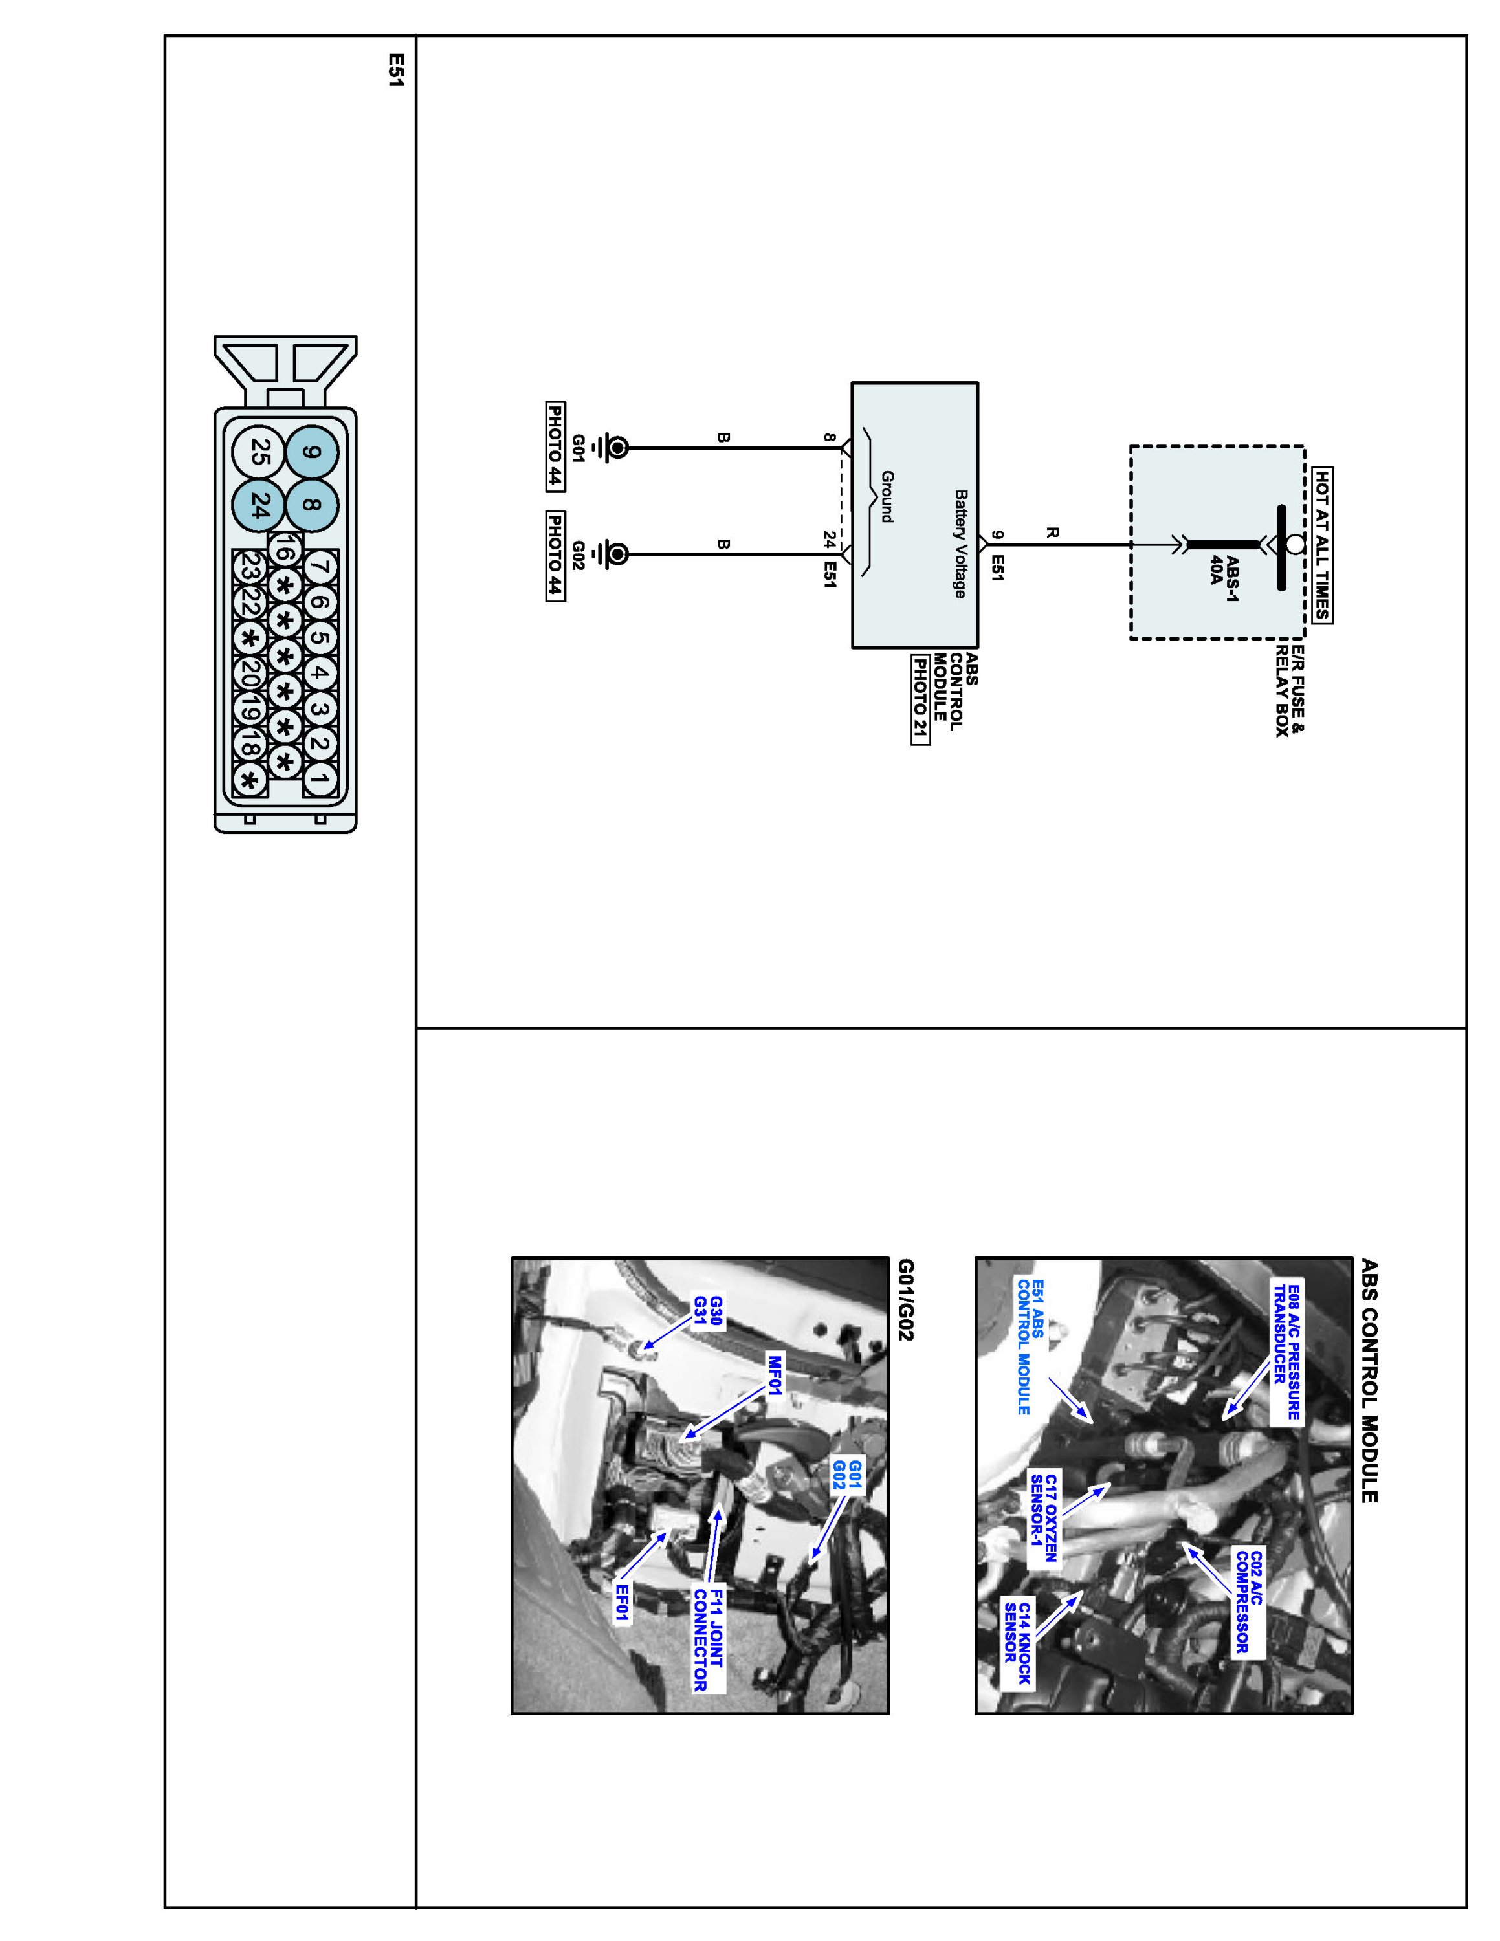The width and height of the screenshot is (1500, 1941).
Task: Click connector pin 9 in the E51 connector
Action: (x=311, y=452)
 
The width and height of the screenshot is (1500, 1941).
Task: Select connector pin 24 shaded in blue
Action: (x=259, y=507)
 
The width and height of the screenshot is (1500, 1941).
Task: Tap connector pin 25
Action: (x=259, y=452)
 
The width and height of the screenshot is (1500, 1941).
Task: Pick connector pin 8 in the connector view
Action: (x=311, y=507)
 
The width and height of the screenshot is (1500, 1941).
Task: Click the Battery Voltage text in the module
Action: (x=960, y=544)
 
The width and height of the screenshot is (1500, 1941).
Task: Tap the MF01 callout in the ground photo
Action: (x=774, y=1375)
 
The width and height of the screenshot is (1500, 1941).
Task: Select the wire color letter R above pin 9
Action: (x=1052, y=533)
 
